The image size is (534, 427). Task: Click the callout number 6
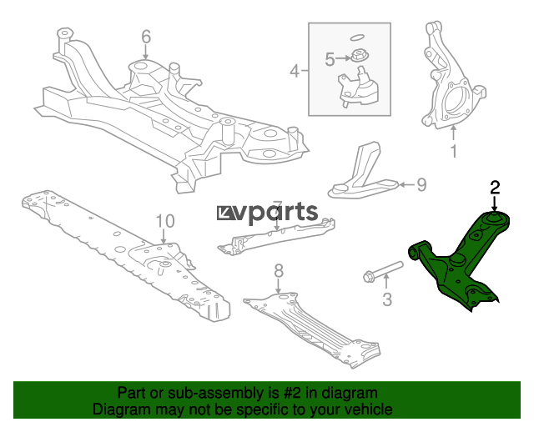[x=146, y=37]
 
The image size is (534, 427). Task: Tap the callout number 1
[x=453, y=151]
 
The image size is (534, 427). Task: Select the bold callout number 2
[x=495, y=188]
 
